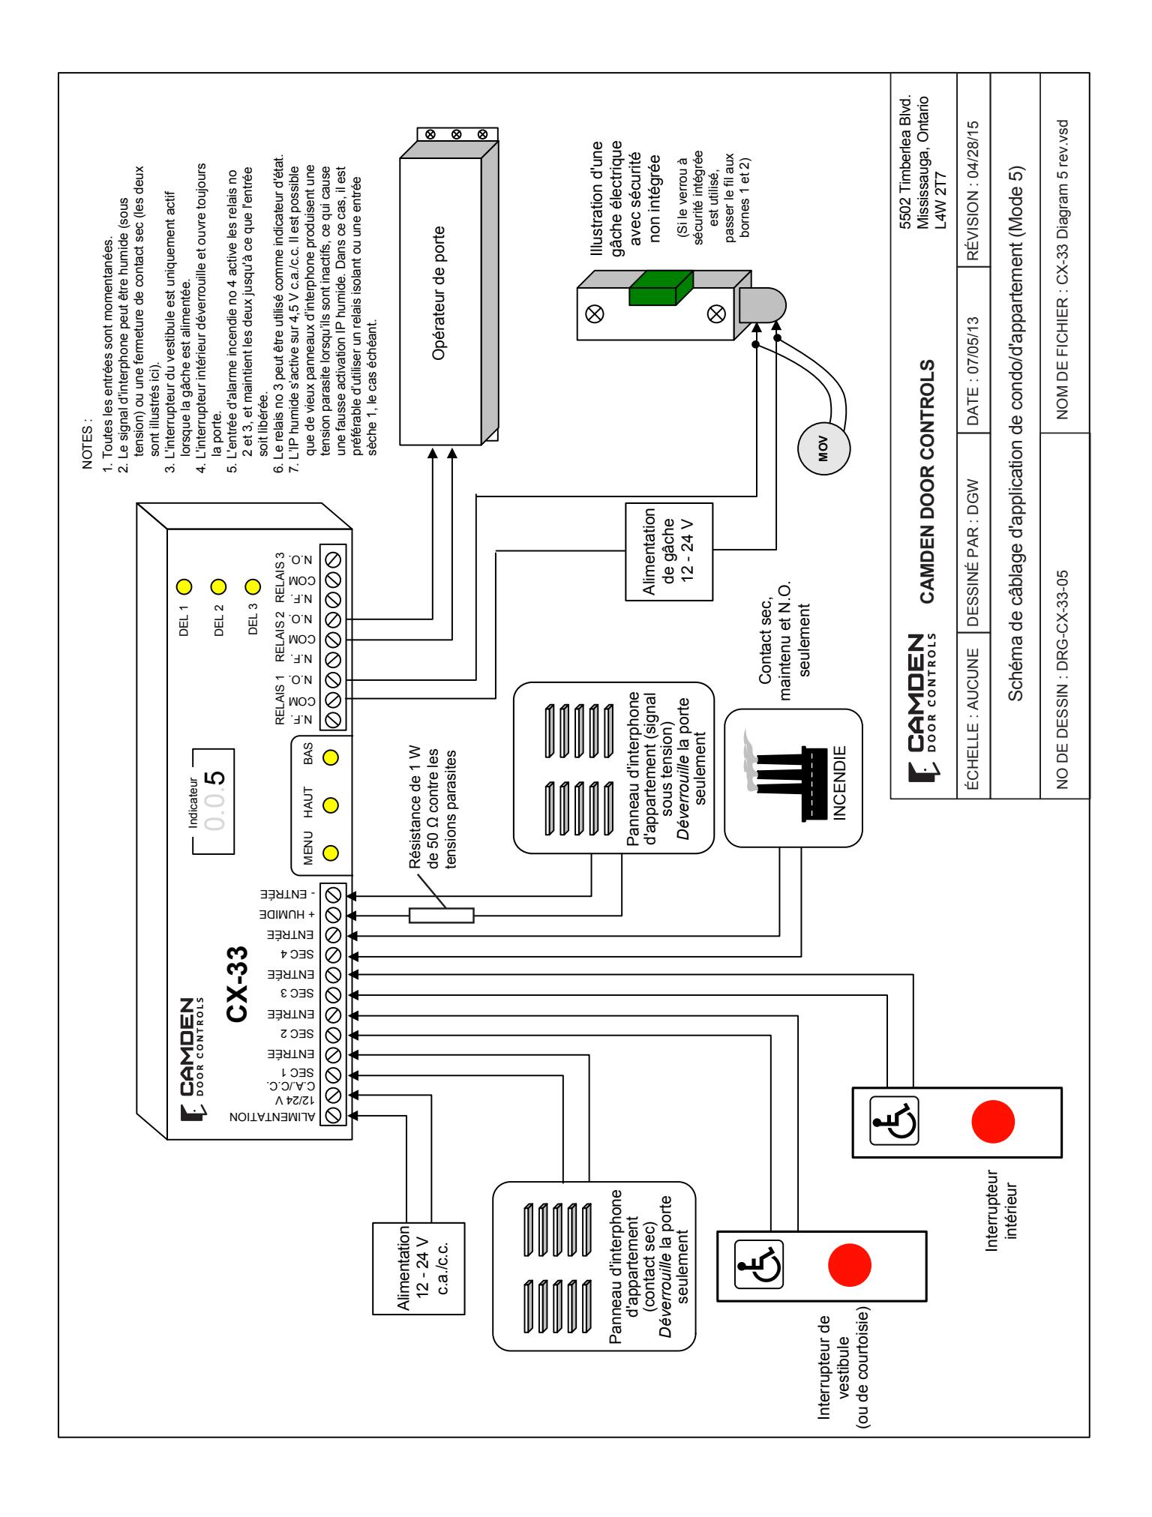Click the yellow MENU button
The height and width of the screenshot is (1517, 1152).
(x=329, y=852)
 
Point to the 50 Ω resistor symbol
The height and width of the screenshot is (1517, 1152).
(x=442, y=915)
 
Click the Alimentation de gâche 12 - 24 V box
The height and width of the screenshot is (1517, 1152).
(x=668, y=551)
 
